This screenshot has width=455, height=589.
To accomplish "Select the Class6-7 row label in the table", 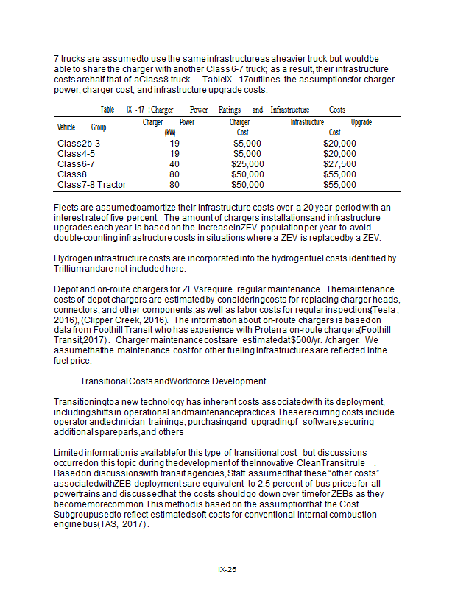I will (76, 163).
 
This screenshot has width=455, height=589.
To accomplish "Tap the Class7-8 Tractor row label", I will (91, 184).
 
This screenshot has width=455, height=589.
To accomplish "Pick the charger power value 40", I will (174, 163).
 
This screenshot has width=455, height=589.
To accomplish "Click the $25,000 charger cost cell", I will (247, 163).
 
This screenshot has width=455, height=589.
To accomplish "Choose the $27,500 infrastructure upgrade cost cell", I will (339, 163).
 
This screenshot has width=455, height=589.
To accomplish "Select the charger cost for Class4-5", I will (247, 153).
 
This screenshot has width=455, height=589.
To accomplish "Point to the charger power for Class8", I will (174, 174).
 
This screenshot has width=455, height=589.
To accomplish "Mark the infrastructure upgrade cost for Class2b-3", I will (339, 143).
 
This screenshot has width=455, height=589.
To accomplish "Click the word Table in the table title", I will (107, 110).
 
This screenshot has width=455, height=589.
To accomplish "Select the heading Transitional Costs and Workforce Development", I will (173, 381).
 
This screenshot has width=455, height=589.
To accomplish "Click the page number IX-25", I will (227, 570).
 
